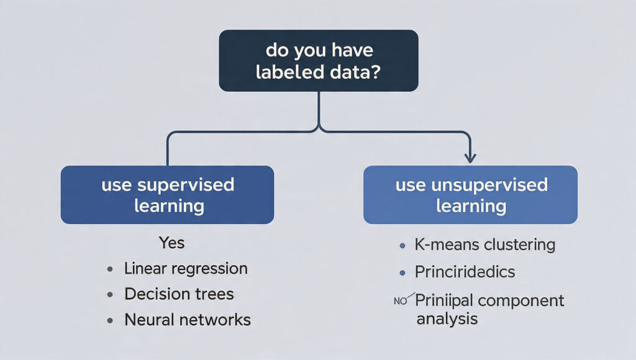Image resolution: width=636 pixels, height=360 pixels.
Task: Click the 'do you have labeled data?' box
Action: click(318, 60)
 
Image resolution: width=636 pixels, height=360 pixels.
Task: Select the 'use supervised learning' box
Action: click(167, 194)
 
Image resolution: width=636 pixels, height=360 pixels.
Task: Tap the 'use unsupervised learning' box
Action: click(470, 194)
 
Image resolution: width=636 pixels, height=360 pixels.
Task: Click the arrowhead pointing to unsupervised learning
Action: click(470, 158)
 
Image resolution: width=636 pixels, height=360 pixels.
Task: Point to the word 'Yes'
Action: click(171, 242)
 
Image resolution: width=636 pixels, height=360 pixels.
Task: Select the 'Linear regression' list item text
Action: click(186, 269)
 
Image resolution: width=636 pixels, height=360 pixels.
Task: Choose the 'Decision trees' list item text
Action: click(179, 294)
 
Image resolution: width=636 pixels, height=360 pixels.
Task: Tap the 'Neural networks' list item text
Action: click(188, 320)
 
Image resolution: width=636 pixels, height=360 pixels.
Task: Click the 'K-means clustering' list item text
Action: click(484, 245)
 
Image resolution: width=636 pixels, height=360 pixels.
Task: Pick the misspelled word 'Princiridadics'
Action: click(465, 272)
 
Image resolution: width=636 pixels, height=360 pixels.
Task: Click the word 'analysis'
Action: click(447, 319)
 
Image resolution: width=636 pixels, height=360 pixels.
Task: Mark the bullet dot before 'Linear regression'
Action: click(110, 269)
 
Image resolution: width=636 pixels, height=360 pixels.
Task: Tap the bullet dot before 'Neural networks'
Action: click(110, 320)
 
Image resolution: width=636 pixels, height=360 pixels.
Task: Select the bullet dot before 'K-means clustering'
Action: click(402, 246)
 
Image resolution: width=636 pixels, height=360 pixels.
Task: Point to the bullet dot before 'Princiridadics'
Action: click(402, 272)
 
